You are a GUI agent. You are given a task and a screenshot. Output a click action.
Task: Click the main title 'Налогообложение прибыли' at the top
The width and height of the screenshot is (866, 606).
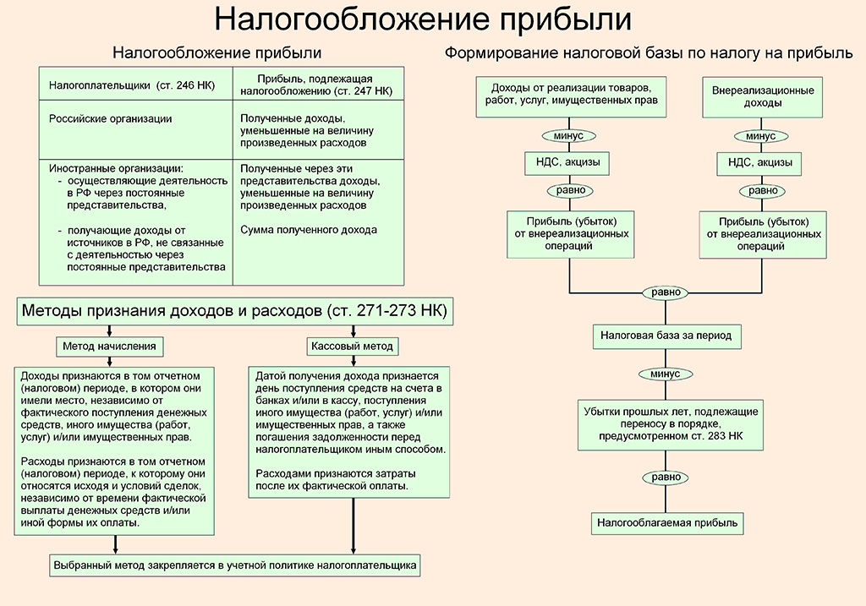click(x=423, y=19)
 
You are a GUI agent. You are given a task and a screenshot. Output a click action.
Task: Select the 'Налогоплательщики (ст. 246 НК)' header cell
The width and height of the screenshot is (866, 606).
click(x=136, y=84)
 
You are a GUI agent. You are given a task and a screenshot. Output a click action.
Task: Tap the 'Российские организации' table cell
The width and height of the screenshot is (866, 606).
click(x=136, y=129)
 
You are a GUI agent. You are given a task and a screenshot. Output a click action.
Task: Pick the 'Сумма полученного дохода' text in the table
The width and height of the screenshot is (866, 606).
click(x=309, y=230)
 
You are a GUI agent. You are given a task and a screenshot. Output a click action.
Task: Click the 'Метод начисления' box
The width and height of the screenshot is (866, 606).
click(x=110, y=347)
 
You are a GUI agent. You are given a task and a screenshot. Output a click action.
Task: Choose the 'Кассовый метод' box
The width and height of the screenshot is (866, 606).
click(x=353, y=347)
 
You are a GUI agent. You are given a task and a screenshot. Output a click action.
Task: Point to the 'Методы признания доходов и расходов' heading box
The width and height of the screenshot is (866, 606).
click(x=235, y=311)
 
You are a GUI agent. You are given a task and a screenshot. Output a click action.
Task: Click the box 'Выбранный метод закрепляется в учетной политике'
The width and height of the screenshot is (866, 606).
click(x=235, y=565)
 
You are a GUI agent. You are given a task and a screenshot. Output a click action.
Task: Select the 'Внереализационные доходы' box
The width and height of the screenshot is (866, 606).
click(x=762, y=97)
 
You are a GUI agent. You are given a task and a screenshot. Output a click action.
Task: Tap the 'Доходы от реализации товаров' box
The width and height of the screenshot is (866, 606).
click(x=571, y=96)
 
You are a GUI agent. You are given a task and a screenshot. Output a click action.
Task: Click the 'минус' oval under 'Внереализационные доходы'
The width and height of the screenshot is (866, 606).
click(x=761, y=136)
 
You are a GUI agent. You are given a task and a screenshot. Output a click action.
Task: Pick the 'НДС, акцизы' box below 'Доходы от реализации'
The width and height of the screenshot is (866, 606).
click(x=567, y=163)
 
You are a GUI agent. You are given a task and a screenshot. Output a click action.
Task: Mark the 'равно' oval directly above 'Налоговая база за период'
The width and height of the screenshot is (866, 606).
click(x=666, y=292)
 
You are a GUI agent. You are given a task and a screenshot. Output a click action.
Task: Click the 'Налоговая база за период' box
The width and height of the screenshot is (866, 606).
click(x=666, y=336)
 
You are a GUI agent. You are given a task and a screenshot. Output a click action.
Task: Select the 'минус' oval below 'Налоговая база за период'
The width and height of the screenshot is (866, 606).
click(x=666, y=374)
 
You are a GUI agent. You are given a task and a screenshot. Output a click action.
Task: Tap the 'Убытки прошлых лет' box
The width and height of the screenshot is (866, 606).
click(x=671, y=425)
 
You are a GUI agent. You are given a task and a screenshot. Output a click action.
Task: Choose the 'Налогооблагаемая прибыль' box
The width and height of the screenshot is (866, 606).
click(x=667, y=523)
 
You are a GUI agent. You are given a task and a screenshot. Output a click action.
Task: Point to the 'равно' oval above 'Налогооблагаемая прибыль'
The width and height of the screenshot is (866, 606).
click(x=666, y=477)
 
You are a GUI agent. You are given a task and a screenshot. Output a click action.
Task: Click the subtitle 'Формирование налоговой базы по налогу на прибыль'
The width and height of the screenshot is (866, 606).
click(x=649, y=53)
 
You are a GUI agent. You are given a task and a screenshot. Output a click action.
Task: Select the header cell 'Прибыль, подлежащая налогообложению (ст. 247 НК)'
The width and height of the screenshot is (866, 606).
click(x=318, y=84)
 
